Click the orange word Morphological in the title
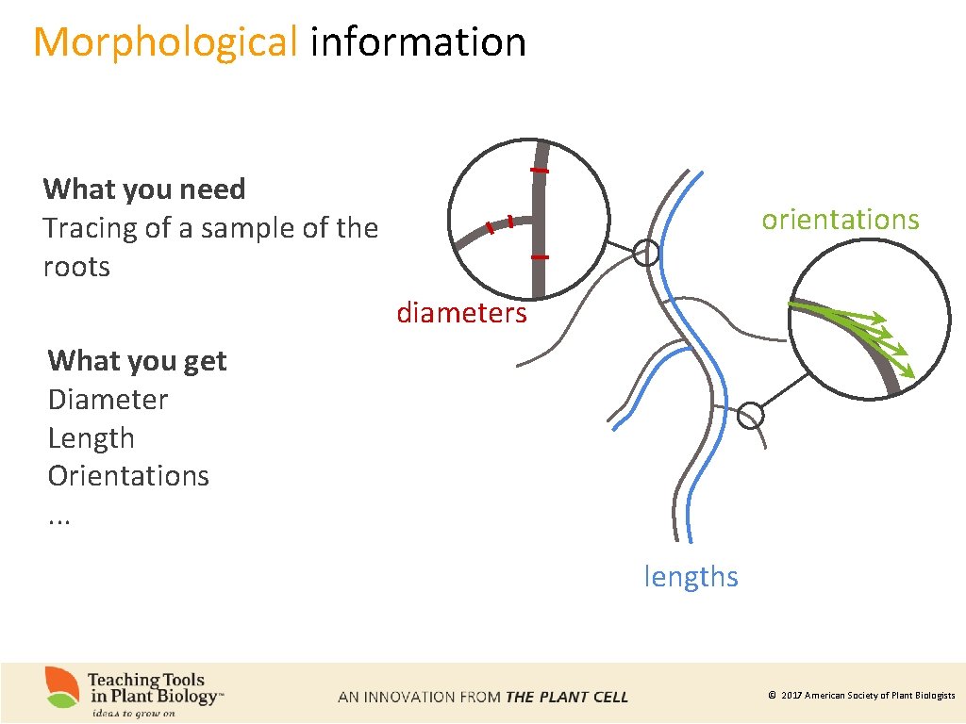tap(165, 42)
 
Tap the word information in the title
tap(417, 42)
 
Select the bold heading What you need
tap(144, 189)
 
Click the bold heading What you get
tap(138, 360)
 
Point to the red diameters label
tap(461, 312)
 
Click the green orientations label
tap(840, 219)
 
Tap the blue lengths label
tap(691, 576)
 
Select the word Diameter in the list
tap(108, 399)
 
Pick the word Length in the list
tap(92, 437)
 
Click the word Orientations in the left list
tap(128, 475)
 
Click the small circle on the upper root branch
tap(646, 252)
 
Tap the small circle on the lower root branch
tap(750, 415)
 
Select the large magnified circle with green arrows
tap(869, 331)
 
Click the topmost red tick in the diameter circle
tap(540, 171)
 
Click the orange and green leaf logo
tap(63, 687)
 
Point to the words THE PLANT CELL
tap(566, 698)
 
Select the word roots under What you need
tap(76, 267)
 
